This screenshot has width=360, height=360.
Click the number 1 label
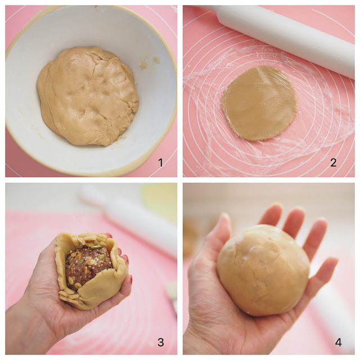pos(160,163)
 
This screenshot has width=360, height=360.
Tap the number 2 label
pos(334,163)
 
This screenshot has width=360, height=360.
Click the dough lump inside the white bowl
pos(87,96)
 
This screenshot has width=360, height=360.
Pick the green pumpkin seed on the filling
pos(97,247)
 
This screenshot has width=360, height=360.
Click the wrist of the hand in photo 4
pos(214,337)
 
